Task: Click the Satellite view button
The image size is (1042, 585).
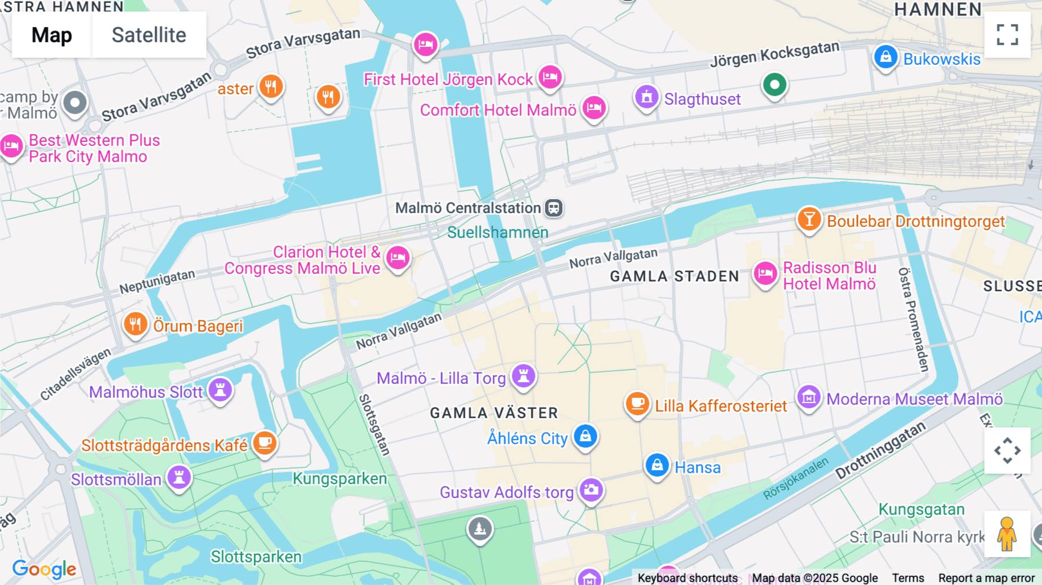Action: (149, 35)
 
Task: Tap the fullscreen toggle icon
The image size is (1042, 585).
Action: (1007, 35)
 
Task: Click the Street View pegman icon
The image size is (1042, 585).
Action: (1007, 534)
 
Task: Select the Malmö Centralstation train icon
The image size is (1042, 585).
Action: (554, 208)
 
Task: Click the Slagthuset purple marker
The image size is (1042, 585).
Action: (647, 97)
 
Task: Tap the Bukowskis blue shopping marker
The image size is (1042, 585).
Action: (885, 57)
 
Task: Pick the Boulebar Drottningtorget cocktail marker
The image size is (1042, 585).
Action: (809, 219)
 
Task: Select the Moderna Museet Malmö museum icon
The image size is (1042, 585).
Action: (809, 397)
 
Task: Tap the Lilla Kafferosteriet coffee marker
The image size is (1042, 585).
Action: (637, 403)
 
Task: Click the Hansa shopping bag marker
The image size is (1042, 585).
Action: (657, 465)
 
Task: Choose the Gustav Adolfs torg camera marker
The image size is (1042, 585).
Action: (591, 490)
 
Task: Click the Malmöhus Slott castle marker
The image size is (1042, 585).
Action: (220, 389)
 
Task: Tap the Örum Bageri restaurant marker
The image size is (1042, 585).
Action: (135, 324)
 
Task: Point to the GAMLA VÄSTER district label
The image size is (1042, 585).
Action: (494, 413)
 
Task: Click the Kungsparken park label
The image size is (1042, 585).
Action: (339, 479)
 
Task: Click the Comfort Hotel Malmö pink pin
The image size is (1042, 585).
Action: (594, 108)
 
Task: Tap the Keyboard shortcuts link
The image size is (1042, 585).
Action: (687, 578)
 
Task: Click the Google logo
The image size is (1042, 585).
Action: (44, 569)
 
